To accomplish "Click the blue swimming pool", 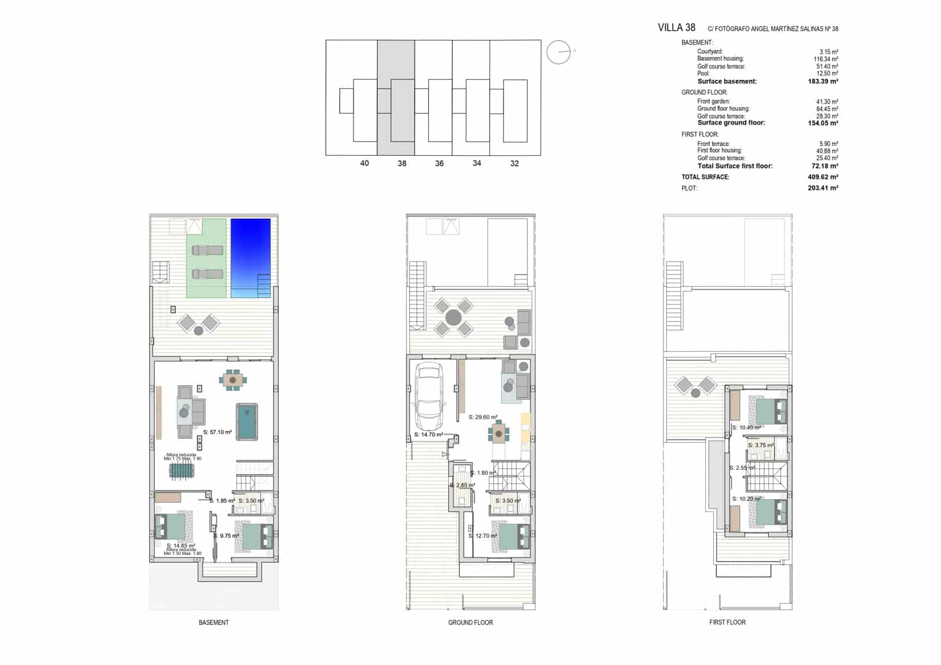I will point(251,258).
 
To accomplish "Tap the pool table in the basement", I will point(247,421).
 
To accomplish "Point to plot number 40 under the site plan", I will point(365,163).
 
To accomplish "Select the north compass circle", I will point(558,52).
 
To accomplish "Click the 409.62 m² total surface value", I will point(823,177).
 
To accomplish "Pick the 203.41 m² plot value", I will point(823,188).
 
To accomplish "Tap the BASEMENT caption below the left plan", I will point(213,622).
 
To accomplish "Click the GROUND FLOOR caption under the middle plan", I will point(470,622).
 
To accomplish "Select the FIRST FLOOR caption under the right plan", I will point(727,622).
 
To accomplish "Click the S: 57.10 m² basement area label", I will point(217,432).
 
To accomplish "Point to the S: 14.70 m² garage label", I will point(428,435).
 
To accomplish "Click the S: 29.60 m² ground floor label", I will point(483,417).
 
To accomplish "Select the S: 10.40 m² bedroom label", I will point(746,427).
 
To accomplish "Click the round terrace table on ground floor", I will point(453,318).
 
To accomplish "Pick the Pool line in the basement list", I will point(703,73).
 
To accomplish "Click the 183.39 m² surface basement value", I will point(823,82).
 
